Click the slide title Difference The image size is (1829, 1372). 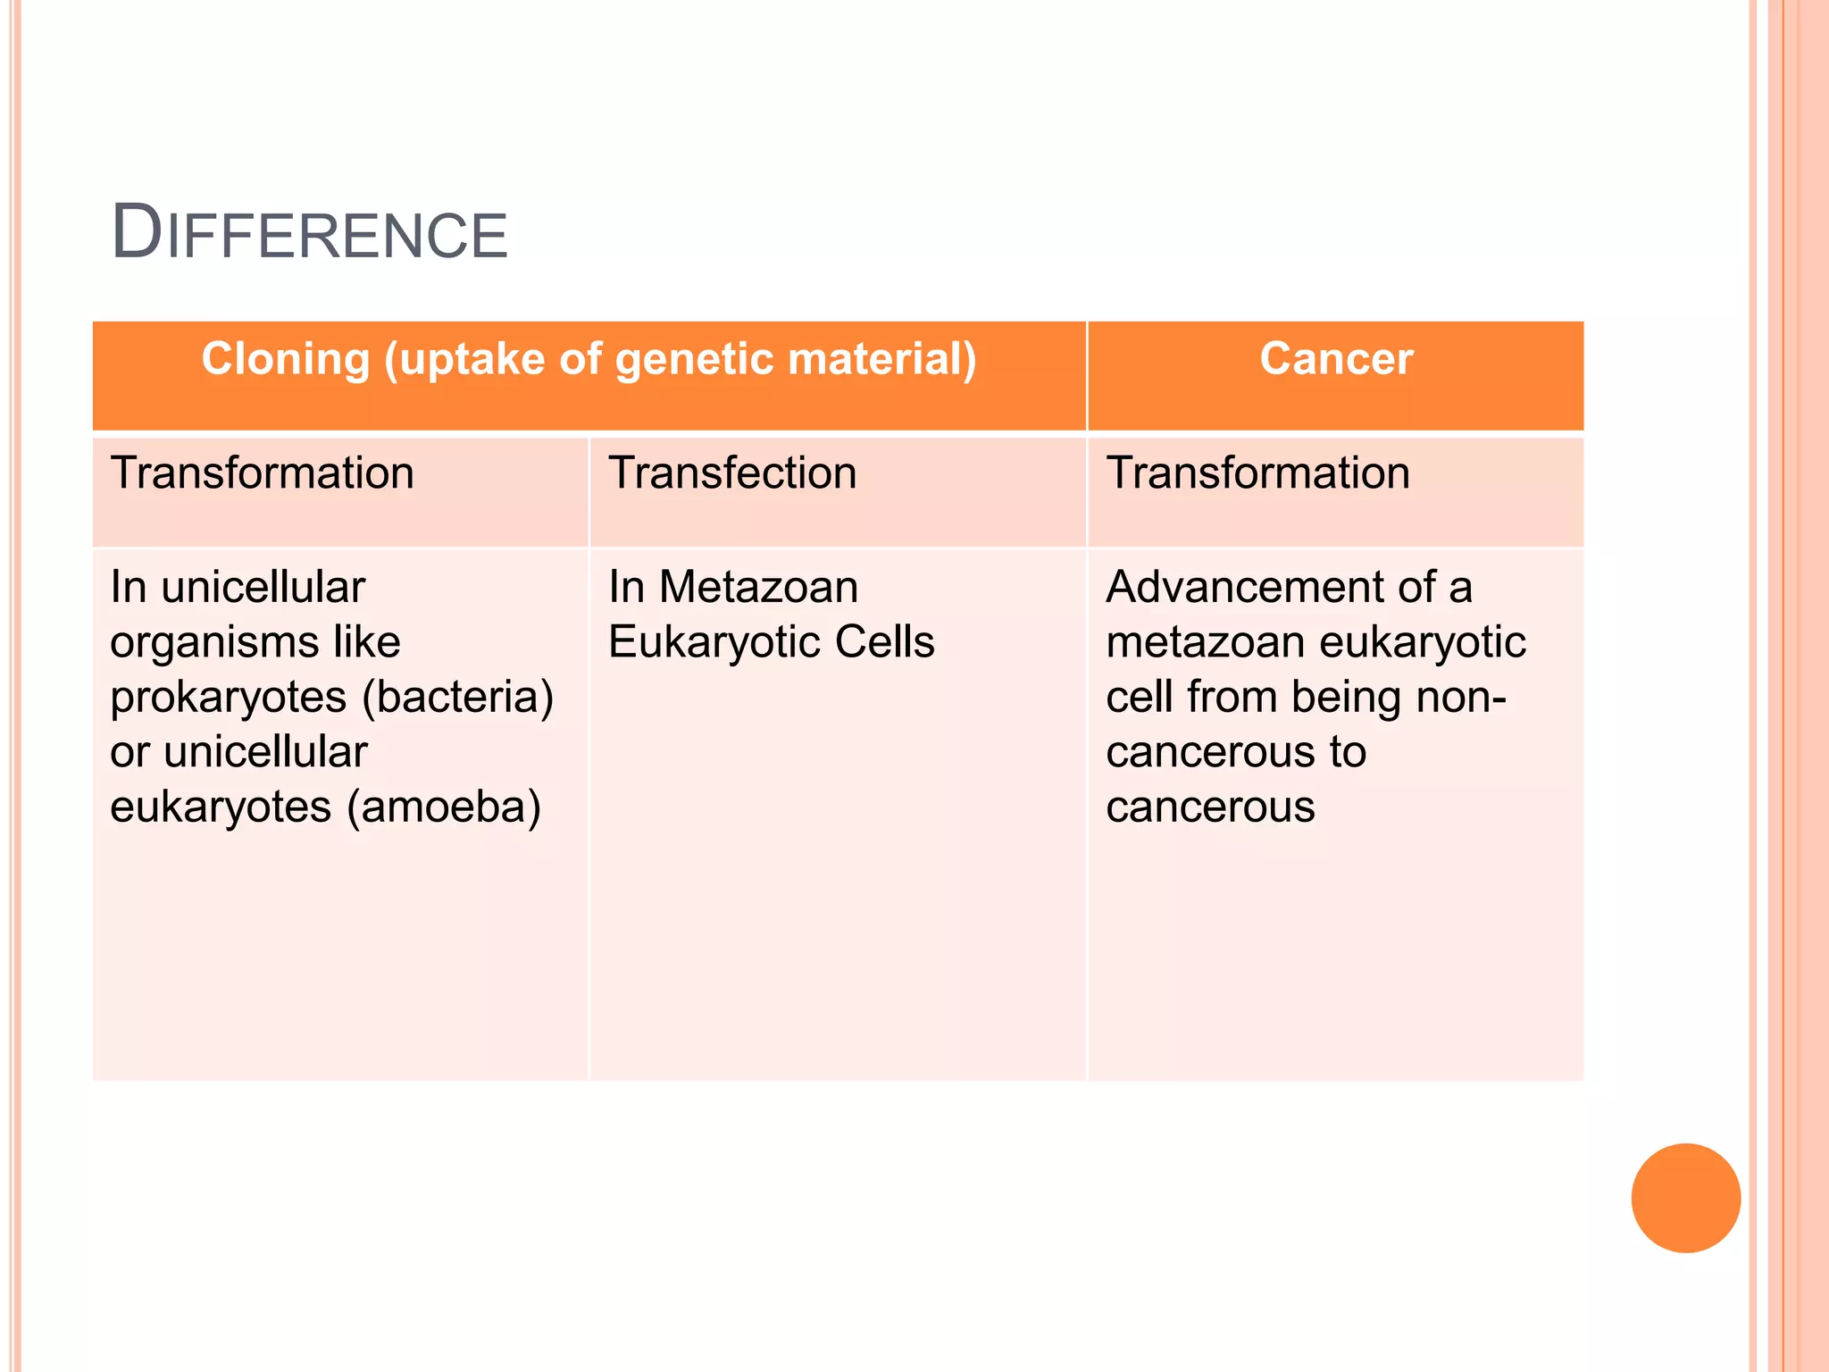tap(309, 234)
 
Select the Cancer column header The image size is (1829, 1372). tap(1336, 359)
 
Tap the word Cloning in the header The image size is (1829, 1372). tap(285, 359)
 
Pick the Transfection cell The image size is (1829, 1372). tap(732, 473)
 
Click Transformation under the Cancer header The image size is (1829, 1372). tap(1257, 473)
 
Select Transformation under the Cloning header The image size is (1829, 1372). tap(262, 473)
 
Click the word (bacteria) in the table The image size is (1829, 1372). tap(457, 698)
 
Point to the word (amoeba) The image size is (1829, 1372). tap(444, 807)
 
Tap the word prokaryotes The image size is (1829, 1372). tap(228, 698)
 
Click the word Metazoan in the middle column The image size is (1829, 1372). tap(758, 588)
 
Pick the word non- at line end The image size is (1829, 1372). tap(1462, 698)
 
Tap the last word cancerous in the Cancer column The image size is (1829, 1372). tap(1209, 807)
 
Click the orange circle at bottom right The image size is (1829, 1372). tap(1685, 1198)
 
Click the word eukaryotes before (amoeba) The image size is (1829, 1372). tap(221, 807)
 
